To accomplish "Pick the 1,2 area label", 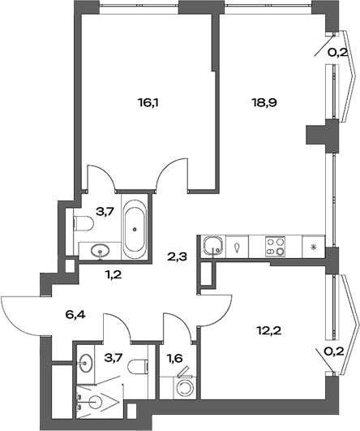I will (x=114, y=274).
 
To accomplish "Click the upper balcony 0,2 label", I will (x=338, y=53).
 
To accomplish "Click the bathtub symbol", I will (x=135, y=227).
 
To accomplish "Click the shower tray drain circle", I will (x=97, y=403).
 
